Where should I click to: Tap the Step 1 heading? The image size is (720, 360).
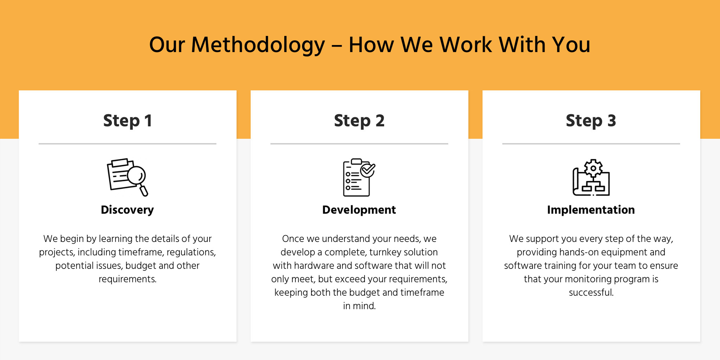(128, 121)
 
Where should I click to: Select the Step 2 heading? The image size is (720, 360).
(359, 121)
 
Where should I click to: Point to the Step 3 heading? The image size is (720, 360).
(591, 121)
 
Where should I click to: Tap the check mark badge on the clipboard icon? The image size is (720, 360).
(368, 170)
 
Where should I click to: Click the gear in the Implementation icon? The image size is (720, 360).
(593, 168)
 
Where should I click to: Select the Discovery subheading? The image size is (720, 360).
(127, 210)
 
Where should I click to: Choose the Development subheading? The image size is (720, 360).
(359, 210)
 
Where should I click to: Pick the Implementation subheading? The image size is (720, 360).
(591, 210)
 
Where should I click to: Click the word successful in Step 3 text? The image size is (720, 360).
(591, 292)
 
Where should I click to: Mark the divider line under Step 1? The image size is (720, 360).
(127, 144)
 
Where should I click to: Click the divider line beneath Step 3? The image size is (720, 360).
(591, 144)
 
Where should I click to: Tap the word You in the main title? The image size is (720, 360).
(571, 45)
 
